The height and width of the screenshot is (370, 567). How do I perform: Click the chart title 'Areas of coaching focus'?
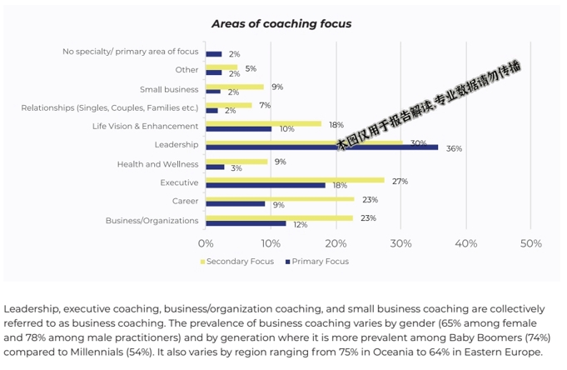281,23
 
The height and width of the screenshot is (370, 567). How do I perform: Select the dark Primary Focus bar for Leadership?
321,147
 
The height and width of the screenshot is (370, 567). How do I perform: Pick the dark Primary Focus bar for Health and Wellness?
215,167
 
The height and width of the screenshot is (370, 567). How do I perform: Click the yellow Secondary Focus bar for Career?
280,199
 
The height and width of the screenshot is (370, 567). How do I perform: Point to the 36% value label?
454,149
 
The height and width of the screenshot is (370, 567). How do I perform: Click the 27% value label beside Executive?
400,180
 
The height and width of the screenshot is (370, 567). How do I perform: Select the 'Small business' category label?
169,89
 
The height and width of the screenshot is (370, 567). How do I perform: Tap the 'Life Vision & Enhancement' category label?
146,127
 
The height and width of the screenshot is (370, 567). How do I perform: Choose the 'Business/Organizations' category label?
152,221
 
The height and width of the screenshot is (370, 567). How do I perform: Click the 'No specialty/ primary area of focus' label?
131,52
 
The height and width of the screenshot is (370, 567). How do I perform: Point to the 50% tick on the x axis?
530,243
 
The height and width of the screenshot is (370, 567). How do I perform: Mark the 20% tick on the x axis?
336,243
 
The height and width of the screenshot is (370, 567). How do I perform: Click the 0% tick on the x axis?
206,243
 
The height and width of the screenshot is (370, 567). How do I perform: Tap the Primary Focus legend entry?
321,262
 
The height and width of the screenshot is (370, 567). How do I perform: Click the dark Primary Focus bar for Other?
213,73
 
